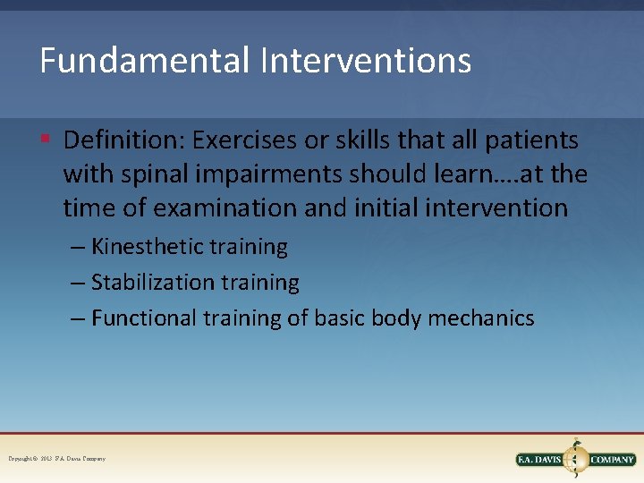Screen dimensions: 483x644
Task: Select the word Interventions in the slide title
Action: (366, 61)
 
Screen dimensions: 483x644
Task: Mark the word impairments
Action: (283, 174)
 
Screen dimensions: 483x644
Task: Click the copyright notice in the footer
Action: (56, 459)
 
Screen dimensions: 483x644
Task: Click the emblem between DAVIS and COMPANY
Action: (576, 457)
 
